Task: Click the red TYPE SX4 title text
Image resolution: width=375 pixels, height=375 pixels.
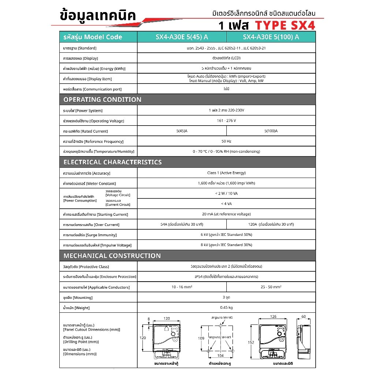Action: pyautogui.click(x=285, y=25)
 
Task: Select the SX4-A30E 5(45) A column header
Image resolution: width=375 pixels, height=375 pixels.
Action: pyautogui.click(x=182, y=37)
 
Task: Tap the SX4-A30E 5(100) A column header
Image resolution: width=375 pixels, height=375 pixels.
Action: pyautogui.click(x=271, y=37)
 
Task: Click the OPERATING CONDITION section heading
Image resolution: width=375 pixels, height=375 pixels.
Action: pyautogui.click(x=102, y=100)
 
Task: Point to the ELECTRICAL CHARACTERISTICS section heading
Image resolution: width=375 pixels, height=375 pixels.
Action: pyautogui.click(x=112, y=162)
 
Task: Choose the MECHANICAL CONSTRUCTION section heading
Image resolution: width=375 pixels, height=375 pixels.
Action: pyautogui.click(x=112, y=256)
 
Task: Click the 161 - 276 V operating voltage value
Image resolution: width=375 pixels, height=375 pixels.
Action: pyautogui.click(x=226, y=121)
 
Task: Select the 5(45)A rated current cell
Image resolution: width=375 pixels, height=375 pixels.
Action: pyautogui.click(x=182, y=131)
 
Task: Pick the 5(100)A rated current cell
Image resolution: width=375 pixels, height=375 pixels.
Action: pyautogui.click(x=271, y=131)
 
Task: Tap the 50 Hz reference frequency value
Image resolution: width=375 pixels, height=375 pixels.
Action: pyautogui.click(x=226, y=141)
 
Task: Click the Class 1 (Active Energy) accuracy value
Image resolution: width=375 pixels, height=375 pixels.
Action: pyautogui.click(x=226, y=173)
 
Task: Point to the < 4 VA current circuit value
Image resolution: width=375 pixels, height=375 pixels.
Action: pyautogui.click(x=226, y=204)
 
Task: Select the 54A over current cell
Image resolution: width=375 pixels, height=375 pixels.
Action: pyautogui.click(x=182, y=224)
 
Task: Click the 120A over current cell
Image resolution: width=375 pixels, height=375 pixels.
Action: pyautogui.click(x=271, y=224)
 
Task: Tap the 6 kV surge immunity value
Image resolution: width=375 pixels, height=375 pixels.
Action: pyautogui.click(x=226, y=234)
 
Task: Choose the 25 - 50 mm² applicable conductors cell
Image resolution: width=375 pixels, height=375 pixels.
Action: pyautogui.click(x=271, y=287)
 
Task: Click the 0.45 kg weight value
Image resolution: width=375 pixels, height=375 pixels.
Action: pyautogui.click(x=226, y=308)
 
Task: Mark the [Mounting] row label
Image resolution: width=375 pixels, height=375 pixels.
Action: pyautogui.click(x=78, y=297)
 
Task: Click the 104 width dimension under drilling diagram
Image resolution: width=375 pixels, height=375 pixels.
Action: pyautogui.click(x=220, y=356)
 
